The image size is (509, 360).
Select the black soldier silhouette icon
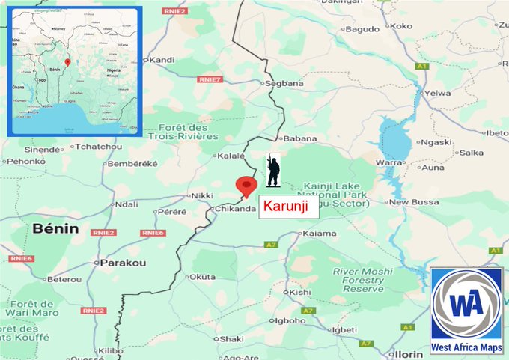click(273, 171)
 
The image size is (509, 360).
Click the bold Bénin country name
click(55, 229)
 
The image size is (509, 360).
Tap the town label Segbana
click(284, 84)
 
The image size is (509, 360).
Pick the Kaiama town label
click(318, 234)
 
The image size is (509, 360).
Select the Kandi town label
click(162, 60)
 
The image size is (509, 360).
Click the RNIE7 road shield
click(210, 79)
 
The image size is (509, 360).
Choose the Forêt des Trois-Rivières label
click(183, 132)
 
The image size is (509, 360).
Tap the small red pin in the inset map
click(67, 62)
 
